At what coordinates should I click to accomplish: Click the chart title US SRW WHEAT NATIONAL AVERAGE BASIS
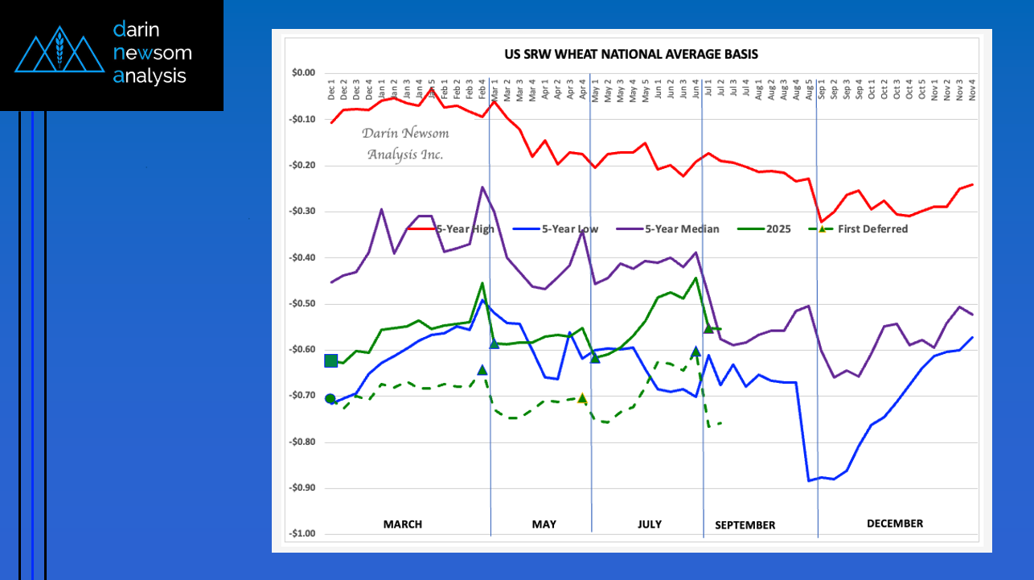coord(630,55)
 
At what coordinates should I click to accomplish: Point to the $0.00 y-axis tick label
coord(303,73)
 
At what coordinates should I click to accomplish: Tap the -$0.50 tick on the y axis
coord(303,304)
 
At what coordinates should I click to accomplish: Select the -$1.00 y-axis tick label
coord(303,534)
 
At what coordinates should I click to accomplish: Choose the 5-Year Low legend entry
coord(569,229)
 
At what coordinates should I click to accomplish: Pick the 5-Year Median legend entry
coord(682,229)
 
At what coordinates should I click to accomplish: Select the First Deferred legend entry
coord(872,229)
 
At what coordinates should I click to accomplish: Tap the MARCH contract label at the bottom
coord(402,524)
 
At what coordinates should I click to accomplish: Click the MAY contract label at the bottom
coord(544,524)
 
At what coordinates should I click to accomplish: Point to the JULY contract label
coord(650,524)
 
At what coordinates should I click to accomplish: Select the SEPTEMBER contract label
coord(745,525)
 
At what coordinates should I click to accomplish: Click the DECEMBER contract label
coord(895,524)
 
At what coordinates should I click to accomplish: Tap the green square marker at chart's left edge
coord(330,360)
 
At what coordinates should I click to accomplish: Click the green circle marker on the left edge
coord(330,399)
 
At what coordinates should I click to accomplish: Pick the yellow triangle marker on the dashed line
coord(582,398)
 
